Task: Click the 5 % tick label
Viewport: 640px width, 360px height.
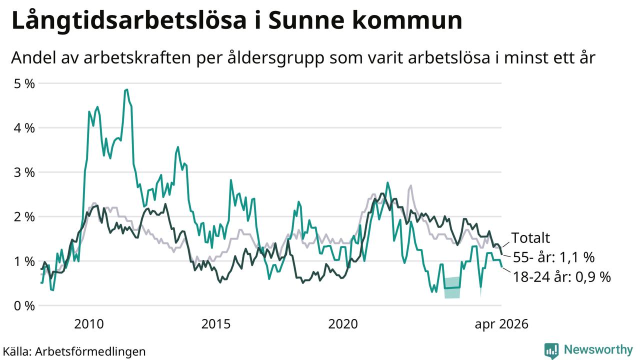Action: click(24, 83)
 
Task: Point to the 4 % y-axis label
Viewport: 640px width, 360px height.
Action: click(24, 128)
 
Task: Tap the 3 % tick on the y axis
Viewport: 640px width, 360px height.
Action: click(24, 172)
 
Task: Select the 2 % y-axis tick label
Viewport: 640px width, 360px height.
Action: click(24, 217)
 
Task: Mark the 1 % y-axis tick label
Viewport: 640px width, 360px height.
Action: click(24, 261)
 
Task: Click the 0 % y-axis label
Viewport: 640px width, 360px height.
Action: click(24, 306)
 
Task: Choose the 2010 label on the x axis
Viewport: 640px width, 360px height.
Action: click(89, 324)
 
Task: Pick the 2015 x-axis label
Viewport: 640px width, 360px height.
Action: click(215, 324)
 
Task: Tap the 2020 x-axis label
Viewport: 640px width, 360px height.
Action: click(343, 324)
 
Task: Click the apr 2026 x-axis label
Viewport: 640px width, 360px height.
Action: click(501, 324)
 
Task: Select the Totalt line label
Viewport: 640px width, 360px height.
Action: click(530, 237)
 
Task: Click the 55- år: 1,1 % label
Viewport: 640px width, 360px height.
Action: click(554, 257)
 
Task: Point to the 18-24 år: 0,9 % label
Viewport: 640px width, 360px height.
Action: click(562, 277)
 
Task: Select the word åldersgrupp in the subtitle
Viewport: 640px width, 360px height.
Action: click(276, 58)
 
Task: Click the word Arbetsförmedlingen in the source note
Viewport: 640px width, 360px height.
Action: click(90, 351)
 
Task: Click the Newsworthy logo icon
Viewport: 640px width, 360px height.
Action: click(551, 350)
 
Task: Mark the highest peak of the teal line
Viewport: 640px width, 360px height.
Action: click(126, 89)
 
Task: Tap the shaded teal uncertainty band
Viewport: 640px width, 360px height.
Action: click(452, 287)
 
